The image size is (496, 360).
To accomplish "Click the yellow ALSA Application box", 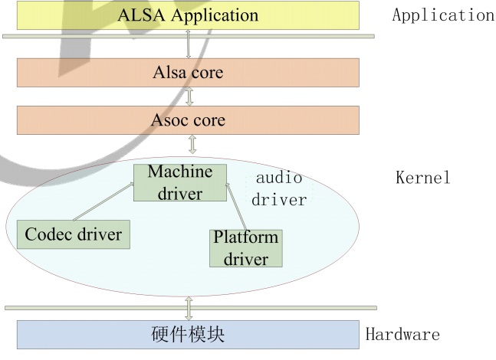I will [188, 15].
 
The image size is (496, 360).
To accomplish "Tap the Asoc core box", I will [188, 120].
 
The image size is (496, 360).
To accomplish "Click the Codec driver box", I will [73, 233].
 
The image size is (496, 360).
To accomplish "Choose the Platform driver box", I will [245, 248].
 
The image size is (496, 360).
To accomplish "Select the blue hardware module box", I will [188, 334].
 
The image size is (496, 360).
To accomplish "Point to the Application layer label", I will [442, 15].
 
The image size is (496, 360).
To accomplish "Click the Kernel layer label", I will [422, 178].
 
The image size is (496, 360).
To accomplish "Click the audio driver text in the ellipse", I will [278, 189].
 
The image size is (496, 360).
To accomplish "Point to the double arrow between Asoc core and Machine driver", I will [191, 144].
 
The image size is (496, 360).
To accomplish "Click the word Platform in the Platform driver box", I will [245, 238].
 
